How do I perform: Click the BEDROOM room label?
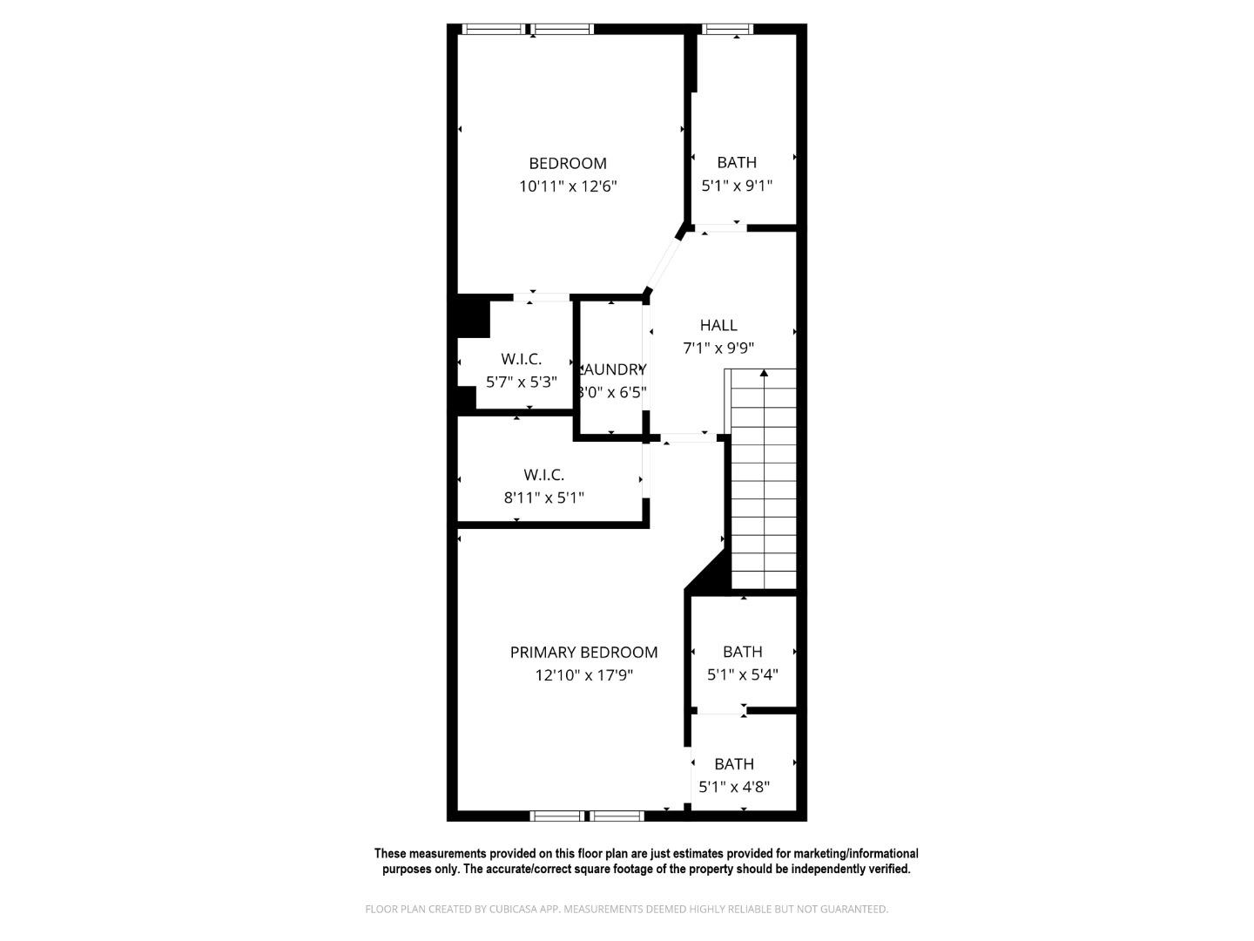pyautogui.click(x=568, y=163)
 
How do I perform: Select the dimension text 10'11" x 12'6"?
pyautogui.click(x=568, y=186)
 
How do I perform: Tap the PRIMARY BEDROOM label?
pyautogui.click(x=583, y=652)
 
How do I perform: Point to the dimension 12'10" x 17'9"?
pyautogui.click(x=583, y=674)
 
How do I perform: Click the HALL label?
pyautogui.click(x=718, y=325)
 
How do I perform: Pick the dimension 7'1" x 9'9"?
pyautogui.click(x=718, y=348)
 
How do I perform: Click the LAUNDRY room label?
pyautogui.click(x=613, y=369)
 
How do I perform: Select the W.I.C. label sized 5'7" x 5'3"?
pyautogui.click(x=521, y=359)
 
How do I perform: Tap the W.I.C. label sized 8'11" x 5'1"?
pyautogui.click(x=543, y=475)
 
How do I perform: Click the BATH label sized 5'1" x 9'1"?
pyautogui.click(x=737, y=162)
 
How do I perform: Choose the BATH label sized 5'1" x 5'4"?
pyautogui.click(x=742, y=652)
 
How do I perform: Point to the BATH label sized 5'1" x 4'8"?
pyautogui.click(x=734, y=764)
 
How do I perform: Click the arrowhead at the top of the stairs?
pyautogui.click(x=764, y=373)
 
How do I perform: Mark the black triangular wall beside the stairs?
pyautogui.click(x=711, y=576)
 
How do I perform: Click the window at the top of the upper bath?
pyautogui.click(x=729, y=29)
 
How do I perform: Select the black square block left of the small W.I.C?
pyautogui.click(x=474, y=316)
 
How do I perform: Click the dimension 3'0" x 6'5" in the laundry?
pyautogui.click(x=613, y=392)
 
